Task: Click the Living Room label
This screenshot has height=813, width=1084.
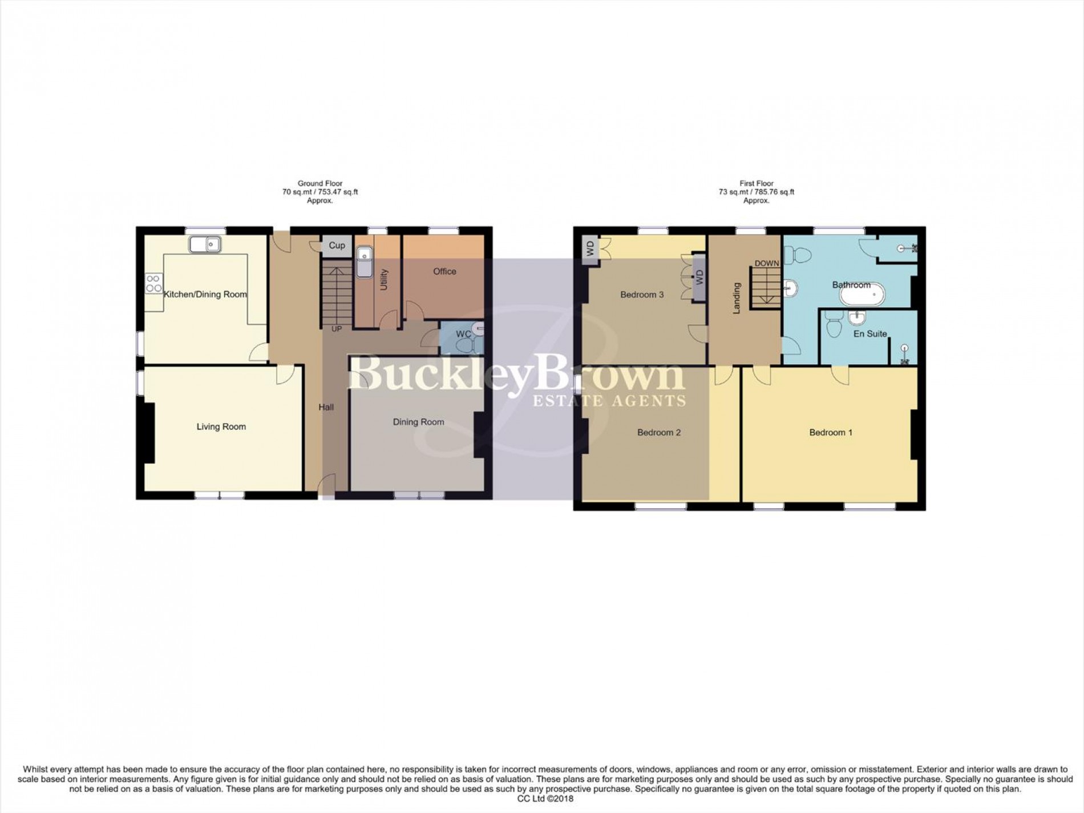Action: point(221,426)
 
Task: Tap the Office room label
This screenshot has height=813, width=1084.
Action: point(444,271)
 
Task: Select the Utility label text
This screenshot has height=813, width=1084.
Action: point(383,279)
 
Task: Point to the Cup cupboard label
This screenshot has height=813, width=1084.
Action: point(337,245)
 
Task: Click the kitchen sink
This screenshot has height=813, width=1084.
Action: point(205,244)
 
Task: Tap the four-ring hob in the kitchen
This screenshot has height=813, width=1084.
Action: point(153,284)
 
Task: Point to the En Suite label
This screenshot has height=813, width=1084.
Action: point(869,333)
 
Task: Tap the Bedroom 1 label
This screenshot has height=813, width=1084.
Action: point(831,432)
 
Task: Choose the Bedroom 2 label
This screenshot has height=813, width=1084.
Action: point(659,432)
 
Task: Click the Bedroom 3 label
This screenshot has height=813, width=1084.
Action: point(642,295)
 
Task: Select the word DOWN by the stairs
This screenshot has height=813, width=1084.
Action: point(766,264)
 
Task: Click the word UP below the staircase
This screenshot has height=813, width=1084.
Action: point(337,329)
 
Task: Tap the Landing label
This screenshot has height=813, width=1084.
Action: point(737,298)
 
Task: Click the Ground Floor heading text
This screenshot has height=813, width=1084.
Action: point(320,183)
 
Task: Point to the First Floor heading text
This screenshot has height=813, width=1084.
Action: point(756,183)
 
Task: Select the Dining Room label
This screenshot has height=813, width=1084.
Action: point(418,422)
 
